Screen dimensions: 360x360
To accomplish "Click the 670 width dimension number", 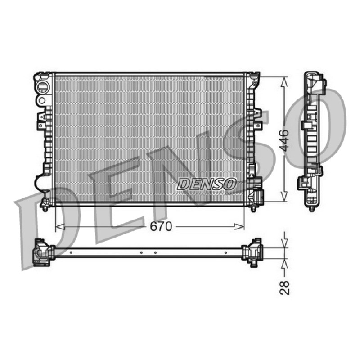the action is pyautogui.click(x=161, y=227).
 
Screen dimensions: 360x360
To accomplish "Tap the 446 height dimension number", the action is pyautogui.click(x=285, y=140).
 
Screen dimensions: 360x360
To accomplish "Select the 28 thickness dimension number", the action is pyautogui.click(x=284, y=287).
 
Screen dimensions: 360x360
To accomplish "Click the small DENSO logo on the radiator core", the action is pyautogui.click(x=207, y=184).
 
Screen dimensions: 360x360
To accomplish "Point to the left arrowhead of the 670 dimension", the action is pyautogui.click(x=60, y=227).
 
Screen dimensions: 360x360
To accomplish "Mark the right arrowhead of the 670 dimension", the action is pyautogui.click(x=239, y=227).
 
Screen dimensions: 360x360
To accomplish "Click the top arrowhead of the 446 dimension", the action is pyautogui.click(x=284, y=82).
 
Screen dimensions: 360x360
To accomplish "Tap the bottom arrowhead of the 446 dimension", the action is pyautogui.click(x=284, y=197).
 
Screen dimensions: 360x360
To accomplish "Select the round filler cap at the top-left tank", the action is pyautogui.click(x=42, y=87).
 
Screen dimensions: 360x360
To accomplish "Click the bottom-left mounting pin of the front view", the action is pyautogui.click(x=45, y=209).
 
